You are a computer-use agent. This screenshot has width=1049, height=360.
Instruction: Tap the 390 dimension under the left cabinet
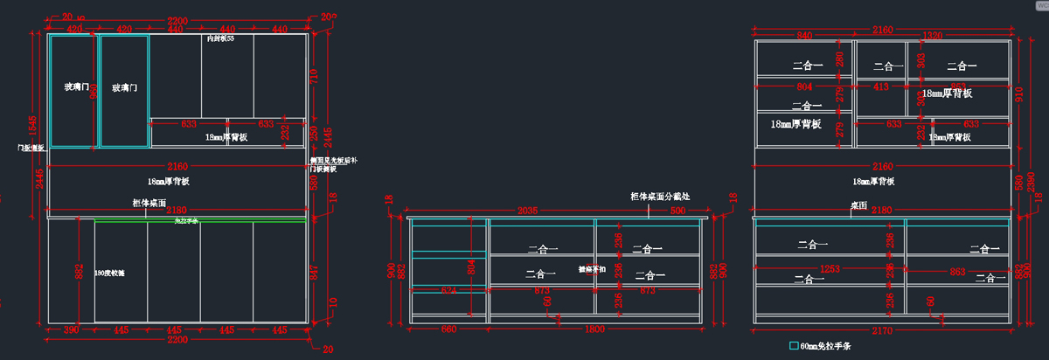point(71,330)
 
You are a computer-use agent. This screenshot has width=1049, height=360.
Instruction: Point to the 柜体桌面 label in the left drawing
point(149,203)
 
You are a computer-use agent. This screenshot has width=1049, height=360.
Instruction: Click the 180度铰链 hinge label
point(109,273)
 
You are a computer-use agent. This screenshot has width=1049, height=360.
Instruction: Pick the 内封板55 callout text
point(219,39)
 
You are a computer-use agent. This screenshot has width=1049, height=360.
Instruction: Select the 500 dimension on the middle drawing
point(678,211)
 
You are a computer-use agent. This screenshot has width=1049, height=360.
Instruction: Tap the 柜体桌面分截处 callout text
point(661,197)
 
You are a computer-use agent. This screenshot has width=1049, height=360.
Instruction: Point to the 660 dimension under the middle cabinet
point(448,329)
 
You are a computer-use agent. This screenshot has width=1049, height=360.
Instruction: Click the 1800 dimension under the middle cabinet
point(594,329)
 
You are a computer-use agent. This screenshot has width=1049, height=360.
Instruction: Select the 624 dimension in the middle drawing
point(448,288)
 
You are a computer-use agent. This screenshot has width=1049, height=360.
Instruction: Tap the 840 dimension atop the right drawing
point(805,35)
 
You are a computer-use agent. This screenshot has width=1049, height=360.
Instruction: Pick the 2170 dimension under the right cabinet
point(883,330)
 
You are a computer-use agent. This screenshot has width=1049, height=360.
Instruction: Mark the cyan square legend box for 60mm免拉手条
point(794,345)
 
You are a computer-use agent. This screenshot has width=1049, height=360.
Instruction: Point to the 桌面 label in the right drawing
point(858,204)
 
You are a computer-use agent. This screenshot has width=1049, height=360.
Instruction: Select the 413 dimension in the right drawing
point(880,87)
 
